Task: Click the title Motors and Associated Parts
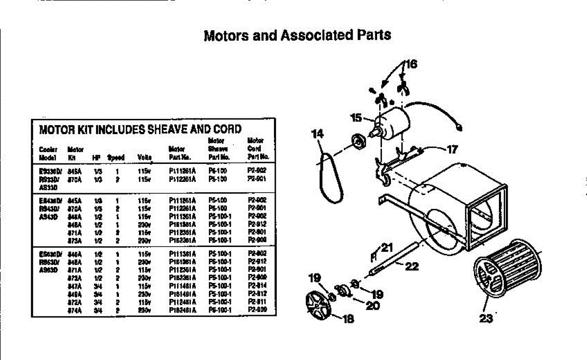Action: [297, 35]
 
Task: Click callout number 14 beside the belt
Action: [317, 133]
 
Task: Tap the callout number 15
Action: [356, 117]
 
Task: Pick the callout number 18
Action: [348, 319]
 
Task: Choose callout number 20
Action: [373, 305]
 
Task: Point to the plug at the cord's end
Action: [458, 129]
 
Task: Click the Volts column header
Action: [145, 157]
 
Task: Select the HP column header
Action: [95, 157]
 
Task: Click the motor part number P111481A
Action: [182, 285]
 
